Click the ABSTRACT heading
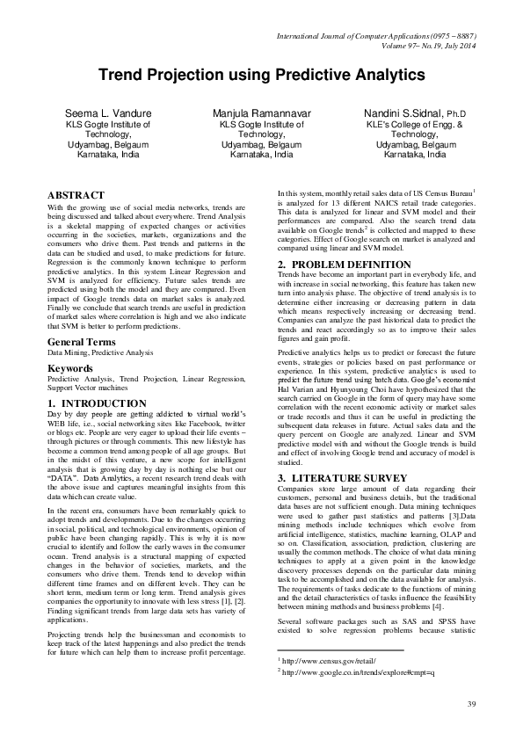tap(76, 194)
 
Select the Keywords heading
tap(69, 393)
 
